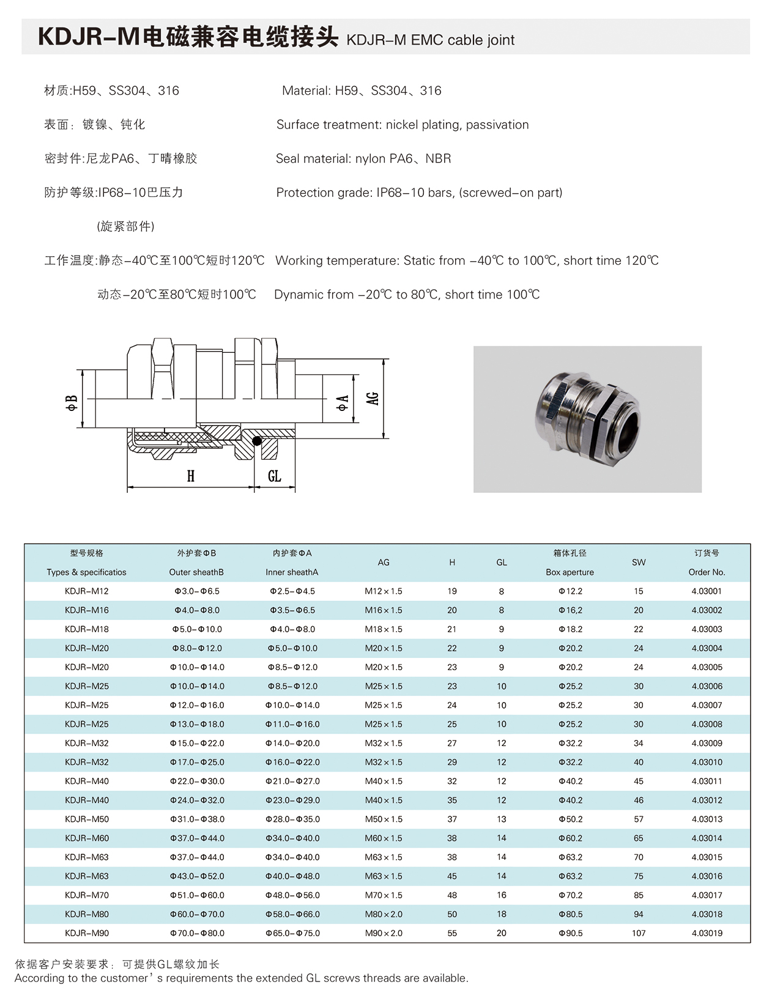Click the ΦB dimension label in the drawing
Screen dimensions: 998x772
tap(72, 402)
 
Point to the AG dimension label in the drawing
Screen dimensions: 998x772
tap(373, 398)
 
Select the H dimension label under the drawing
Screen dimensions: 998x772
tap(191, 476)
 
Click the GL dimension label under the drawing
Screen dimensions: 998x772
tap(275, 476)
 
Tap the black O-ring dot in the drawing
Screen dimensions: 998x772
tap(257, 441)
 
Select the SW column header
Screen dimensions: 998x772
tap(638, 562)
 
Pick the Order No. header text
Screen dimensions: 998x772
tap(707, 572)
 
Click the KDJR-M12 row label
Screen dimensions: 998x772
tap(86, 591)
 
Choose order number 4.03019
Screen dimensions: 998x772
tap(707, 933)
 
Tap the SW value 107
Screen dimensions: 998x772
tap(638, 933)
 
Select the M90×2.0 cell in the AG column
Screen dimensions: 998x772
tap(384, 933)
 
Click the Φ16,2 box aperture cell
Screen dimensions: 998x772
tap(570, 610)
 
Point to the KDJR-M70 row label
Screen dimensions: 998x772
tap(86, 895)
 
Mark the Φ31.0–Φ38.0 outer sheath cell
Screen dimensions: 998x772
tap(197, 819)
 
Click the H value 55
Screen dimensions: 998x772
tap(452, 933)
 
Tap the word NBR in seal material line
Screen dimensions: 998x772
tap(438, 158)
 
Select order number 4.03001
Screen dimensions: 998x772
tap(707, 591)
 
